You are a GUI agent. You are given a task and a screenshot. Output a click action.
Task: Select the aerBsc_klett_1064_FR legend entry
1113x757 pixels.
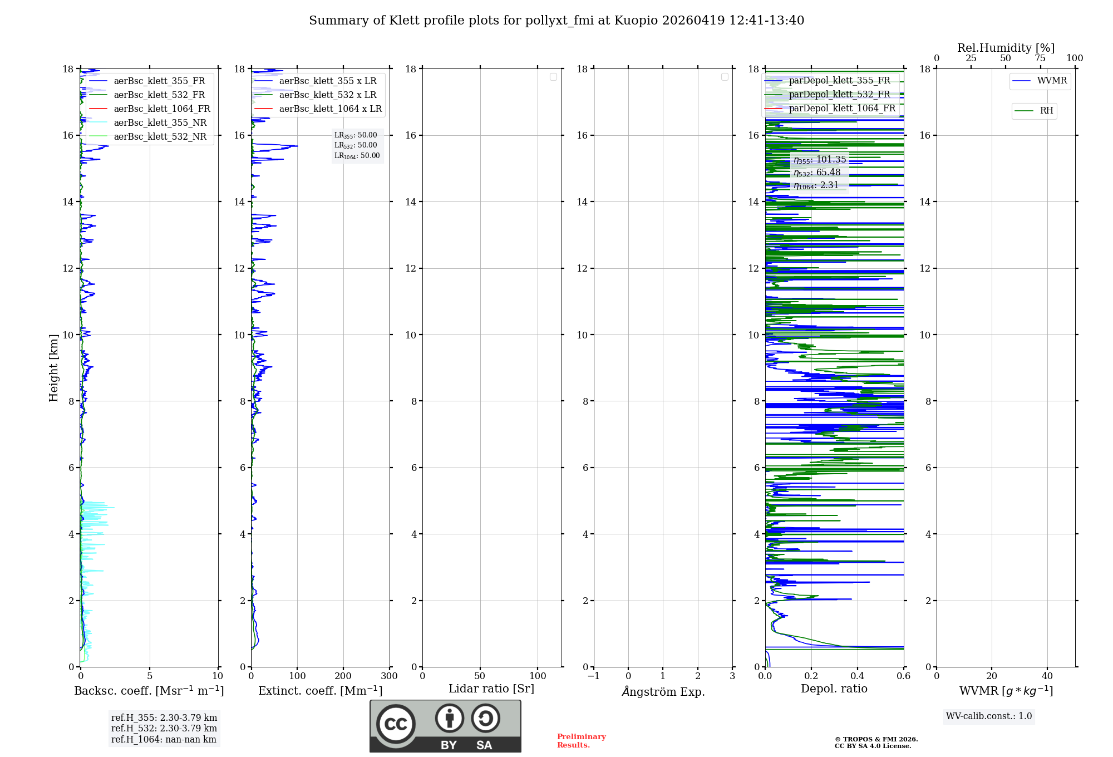pyautogui.click(x=161, y=109)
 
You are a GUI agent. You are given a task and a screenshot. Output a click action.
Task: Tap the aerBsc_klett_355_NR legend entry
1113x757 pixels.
pyautogui.click(x=160, y=123)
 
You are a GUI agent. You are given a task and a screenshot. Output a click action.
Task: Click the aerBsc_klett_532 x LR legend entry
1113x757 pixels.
pyautogui.click(x=327, y=95)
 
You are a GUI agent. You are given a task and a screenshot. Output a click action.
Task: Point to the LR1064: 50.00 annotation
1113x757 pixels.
pyautogui.click(x=357, y=156)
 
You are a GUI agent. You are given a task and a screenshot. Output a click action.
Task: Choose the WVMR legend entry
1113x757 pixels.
pyautogui.click(x=1052, y=81)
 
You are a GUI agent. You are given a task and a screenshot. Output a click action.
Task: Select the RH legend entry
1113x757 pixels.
pyautogui.click(x=1046, y=111)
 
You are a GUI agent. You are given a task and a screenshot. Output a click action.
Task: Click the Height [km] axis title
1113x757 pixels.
pyautogui.click(x=53, y=368)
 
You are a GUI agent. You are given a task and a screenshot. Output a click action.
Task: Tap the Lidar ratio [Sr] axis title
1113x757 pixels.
pyautogui.click(x=491, y=689)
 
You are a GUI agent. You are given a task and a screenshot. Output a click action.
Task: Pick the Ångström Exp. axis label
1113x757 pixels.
pyautogui.click(x=663, y=692)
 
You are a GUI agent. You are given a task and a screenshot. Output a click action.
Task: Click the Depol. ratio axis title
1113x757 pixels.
pyautogui.click(x=834, y=689)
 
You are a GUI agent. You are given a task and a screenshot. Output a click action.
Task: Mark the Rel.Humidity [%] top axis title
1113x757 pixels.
pyautogui.click(x=1006, y=48)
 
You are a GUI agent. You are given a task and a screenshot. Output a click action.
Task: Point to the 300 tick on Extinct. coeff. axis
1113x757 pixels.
pyautogui.click(x=389, y=676)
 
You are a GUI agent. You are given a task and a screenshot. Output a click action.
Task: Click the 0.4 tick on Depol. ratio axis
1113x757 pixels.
pyautogui.click(x=858, y=676)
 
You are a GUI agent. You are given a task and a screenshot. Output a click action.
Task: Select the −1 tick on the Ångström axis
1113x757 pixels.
pyautogui.click(x=593, y=676)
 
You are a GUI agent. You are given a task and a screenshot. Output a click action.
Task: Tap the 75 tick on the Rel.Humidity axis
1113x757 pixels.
pyautogui.click(x=1040, y=58)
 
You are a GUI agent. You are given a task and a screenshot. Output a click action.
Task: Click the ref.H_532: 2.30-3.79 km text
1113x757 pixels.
pyautogui.click(x=164, y=729)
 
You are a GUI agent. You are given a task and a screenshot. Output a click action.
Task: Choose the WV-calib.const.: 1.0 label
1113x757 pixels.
pyautogui.click(x=989, y=716)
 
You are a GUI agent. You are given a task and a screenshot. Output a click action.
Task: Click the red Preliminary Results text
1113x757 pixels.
pyautogui.click(x=581, y=741)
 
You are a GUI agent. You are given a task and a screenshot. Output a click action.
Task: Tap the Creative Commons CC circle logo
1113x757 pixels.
pyautogui.click(x=396, y=724)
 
